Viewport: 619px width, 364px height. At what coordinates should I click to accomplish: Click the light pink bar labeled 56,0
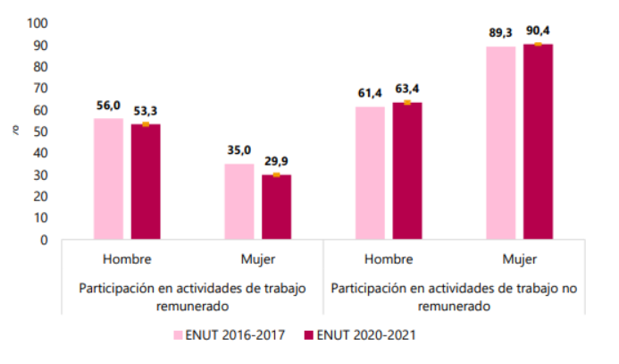[108, 179]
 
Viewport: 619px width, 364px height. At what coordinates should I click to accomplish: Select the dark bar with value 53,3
[146, 182]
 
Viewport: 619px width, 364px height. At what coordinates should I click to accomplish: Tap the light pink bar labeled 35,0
[239, 201]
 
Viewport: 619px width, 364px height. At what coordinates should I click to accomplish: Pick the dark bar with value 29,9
[277, 207]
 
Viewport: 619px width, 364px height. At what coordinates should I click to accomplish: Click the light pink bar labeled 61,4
[370, 173]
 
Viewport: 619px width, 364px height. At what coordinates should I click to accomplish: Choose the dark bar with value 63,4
[407, 171]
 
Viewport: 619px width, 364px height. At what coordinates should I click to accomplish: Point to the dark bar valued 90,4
[539, 141]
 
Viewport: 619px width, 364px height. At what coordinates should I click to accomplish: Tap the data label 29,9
[277, 163]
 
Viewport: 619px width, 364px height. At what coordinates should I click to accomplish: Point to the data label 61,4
[370, 95]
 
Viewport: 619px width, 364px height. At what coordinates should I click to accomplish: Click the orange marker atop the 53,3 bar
[146, 124]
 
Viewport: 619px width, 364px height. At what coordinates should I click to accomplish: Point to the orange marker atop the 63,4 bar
[407, 103]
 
